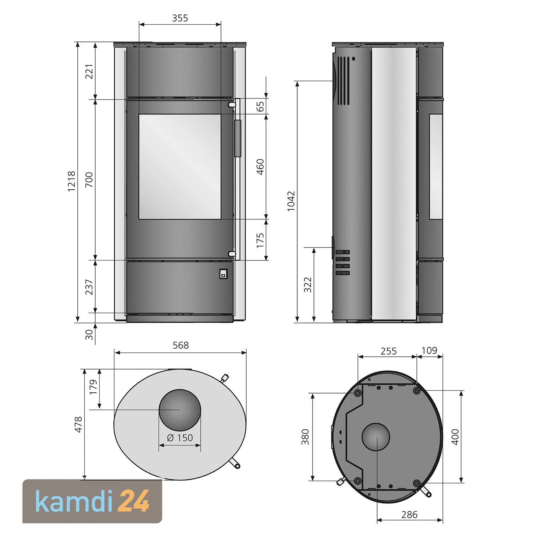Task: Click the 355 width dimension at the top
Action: [180, 18]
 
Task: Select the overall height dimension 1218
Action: [72, 181]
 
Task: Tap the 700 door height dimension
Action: [89, 180]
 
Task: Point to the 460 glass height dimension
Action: [260, 167]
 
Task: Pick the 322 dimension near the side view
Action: [308, 284]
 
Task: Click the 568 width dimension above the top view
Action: [181, 345]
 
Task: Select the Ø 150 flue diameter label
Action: [180, 438]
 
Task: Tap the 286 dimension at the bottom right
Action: [409, 514]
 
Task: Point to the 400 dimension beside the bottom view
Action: [455, 437]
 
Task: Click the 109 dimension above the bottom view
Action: [429, 351]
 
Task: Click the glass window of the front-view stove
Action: [180, 167]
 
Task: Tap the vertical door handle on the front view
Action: [238, 138]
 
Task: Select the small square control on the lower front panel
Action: [223, 274]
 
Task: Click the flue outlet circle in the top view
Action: [180, 409]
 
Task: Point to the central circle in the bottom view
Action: [376, 437]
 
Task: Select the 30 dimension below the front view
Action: [89, 334]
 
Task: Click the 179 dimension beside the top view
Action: [94, 387]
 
